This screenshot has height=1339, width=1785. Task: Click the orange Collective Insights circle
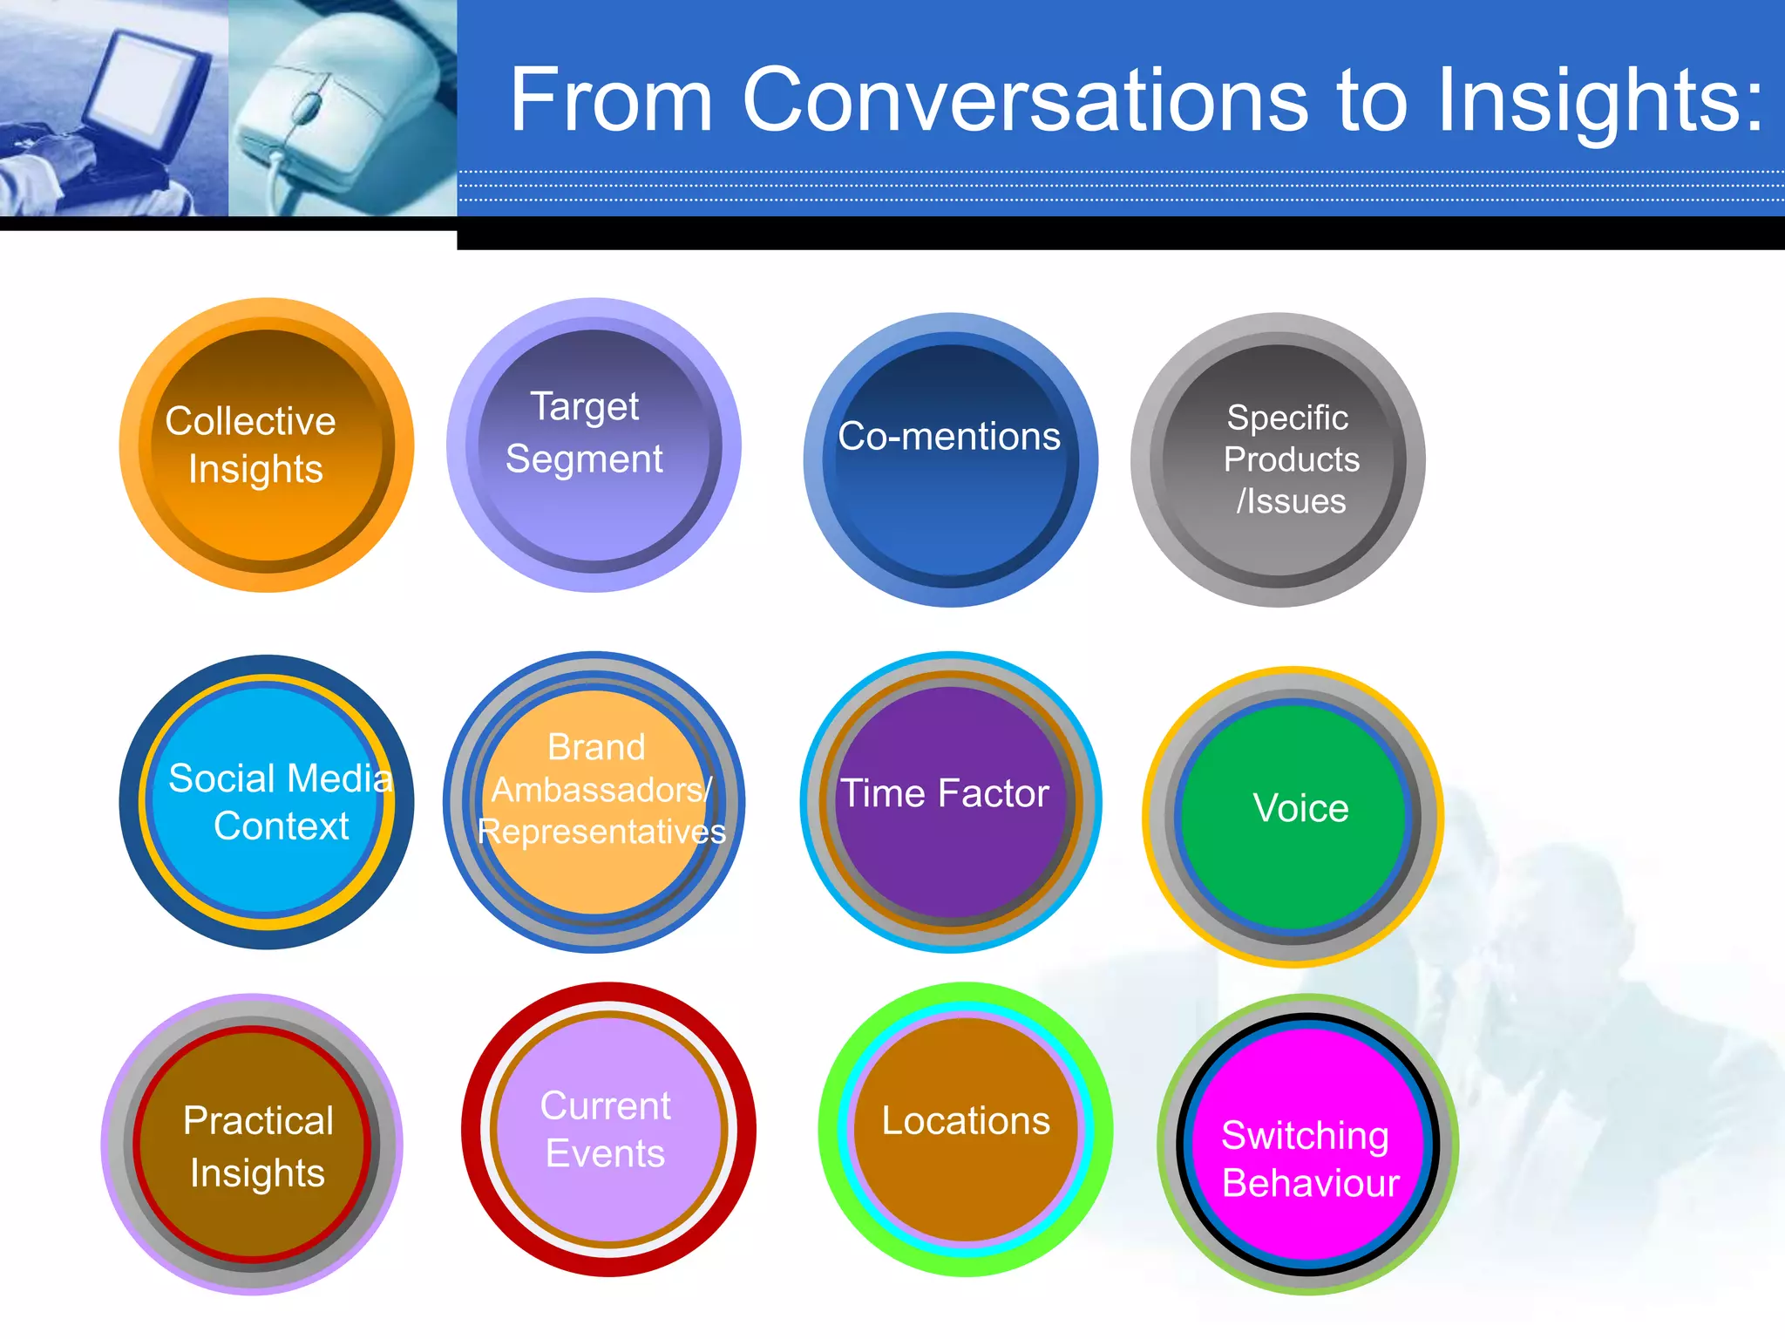(267, 445)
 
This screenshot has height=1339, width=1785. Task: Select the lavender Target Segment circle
(594, 445)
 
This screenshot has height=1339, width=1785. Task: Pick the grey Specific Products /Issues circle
(1278, 460)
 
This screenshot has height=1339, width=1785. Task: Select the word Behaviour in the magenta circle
(1310, 1183)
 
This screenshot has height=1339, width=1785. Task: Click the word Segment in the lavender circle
(584, 459)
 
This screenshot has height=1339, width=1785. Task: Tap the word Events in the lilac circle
(605, 1153)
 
